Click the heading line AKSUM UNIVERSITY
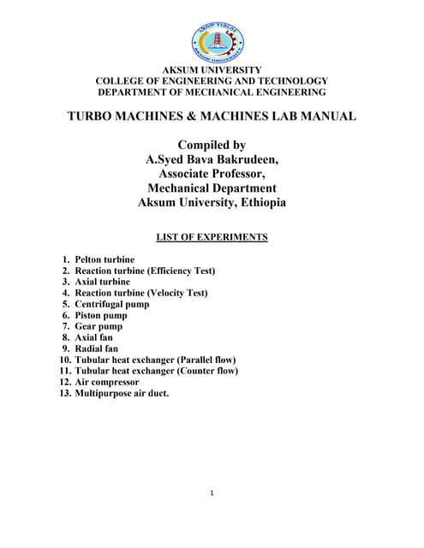[x=212, y=69]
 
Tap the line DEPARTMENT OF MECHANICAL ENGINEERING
[x=212, y=92]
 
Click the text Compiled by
[x=212, y=145]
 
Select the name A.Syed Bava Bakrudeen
[x=212, y=159]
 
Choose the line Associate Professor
[x=212, y=174]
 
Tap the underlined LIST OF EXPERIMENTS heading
[x=212, y=237]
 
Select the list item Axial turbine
[x=103, y=282]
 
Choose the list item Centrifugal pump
[x=111, y=304]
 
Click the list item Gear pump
[x=99, y=326]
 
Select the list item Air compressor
[x=107, y=382]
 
